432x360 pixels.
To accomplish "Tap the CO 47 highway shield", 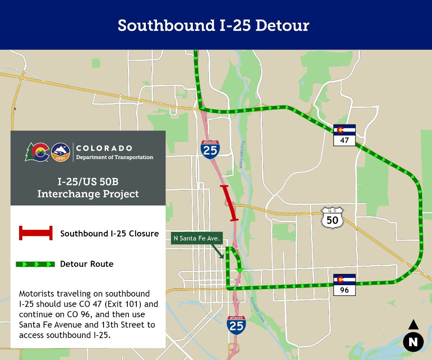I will [x=345, y=135].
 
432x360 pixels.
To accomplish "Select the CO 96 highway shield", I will [x=345, y=285].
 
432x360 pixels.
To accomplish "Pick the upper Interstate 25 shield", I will [x=210, y=150].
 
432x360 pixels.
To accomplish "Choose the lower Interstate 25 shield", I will [x=237, y=325].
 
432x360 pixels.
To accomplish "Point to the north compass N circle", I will [x=413, y=342].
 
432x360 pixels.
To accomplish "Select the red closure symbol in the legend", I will [x=36, y=233].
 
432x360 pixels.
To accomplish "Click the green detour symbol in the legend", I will [x=35, y=264].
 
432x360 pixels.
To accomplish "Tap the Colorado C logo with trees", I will [x=37, y=152].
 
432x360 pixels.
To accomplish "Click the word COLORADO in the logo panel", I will [x=104, y=148].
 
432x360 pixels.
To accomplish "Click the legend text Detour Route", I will [x=87, y=264].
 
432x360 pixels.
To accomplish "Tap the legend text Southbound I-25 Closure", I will [x=109, y=234].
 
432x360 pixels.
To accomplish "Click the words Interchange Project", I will [x=88, y=194].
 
